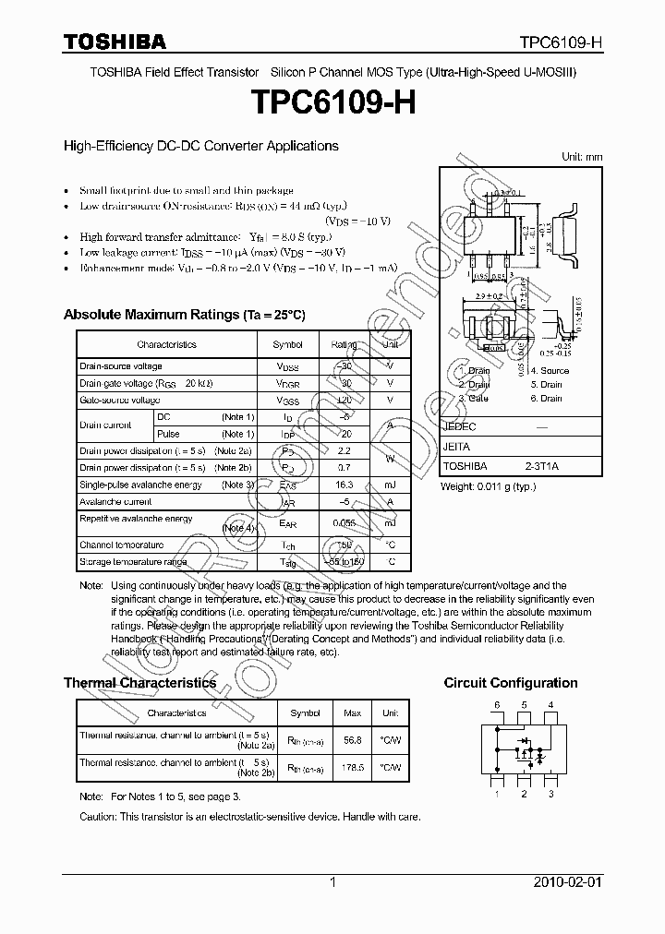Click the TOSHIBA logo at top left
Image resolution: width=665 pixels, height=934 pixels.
point(115,42)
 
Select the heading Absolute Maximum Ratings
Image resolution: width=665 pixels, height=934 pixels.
point(184,315)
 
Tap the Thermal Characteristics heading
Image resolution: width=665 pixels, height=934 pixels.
point(139,683)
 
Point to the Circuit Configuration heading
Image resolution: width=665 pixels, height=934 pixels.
point(511,683)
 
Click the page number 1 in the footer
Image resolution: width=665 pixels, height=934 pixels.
point(332,883)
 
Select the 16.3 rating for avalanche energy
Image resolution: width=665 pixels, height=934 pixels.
point(344,485)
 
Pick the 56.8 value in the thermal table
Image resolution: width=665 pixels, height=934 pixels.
point(352,739)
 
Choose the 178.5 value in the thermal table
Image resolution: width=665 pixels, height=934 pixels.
point(352,767)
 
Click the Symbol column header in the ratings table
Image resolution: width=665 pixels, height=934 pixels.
point(287,344)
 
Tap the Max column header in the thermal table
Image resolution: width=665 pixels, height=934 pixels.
point(352,713)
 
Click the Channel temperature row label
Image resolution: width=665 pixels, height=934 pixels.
point(121,545)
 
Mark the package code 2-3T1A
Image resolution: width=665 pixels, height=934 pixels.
point(542,467)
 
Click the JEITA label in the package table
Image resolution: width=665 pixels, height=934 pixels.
point(456,447)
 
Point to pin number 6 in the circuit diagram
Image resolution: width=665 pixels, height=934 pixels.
point(496,705)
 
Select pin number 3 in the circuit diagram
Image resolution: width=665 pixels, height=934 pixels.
point(551,793)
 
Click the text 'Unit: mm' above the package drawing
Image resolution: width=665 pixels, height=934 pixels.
point(582,157)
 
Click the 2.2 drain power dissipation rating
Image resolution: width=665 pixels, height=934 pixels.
point(344,451)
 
